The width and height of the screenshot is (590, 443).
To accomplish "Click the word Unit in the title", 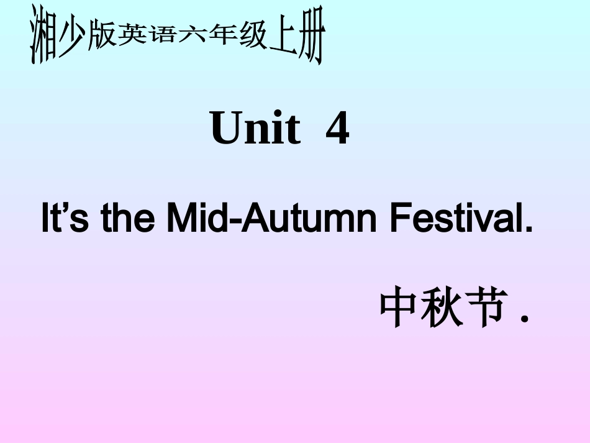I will click(255, 129).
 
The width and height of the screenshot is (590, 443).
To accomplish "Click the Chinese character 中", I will click(398, 307).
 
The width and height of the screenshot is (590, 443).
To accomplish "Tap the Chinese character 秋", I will click(442, 307).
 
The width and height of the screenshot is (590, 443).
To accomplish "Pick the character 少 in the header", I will click(73, 39).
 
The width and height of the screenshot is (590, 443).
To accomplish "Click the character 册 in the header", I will click(311, 41).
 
